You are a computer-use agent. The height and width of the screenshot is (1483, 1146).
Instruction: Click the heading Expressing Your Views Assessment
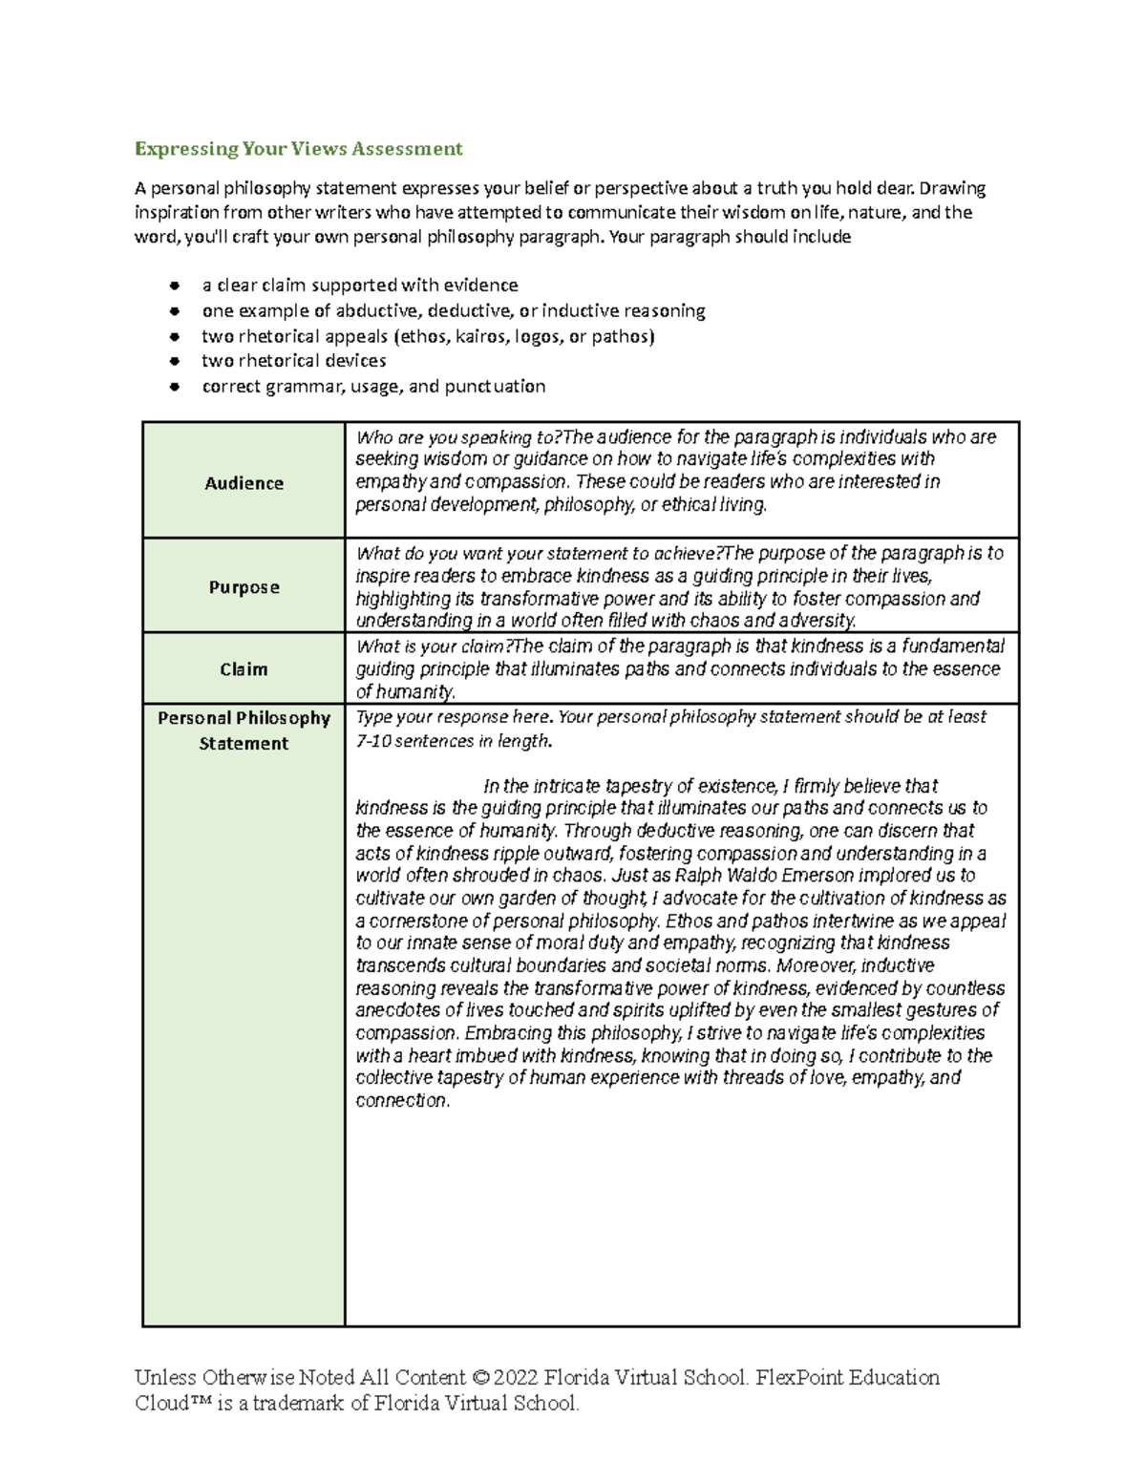[298, 148]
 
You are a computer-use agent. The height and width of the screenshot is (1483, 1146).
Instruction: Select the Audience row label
[244, 483]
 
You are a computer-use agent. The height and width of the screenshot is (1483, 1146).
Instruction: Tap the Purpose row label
[244, 587]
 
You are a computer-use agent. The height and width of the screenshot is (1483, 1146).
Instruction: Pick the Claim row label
[244, 669]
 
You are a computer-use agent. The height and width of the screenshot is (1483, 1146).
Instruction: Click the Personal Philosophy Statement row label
[244, 731]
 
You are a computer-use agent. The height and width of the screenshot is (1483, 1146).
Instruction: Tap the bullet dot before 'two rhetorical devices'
[174, 362]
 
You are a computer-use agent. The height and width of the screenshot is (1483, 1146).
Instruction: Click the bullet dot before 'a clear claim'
[174, 286]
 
